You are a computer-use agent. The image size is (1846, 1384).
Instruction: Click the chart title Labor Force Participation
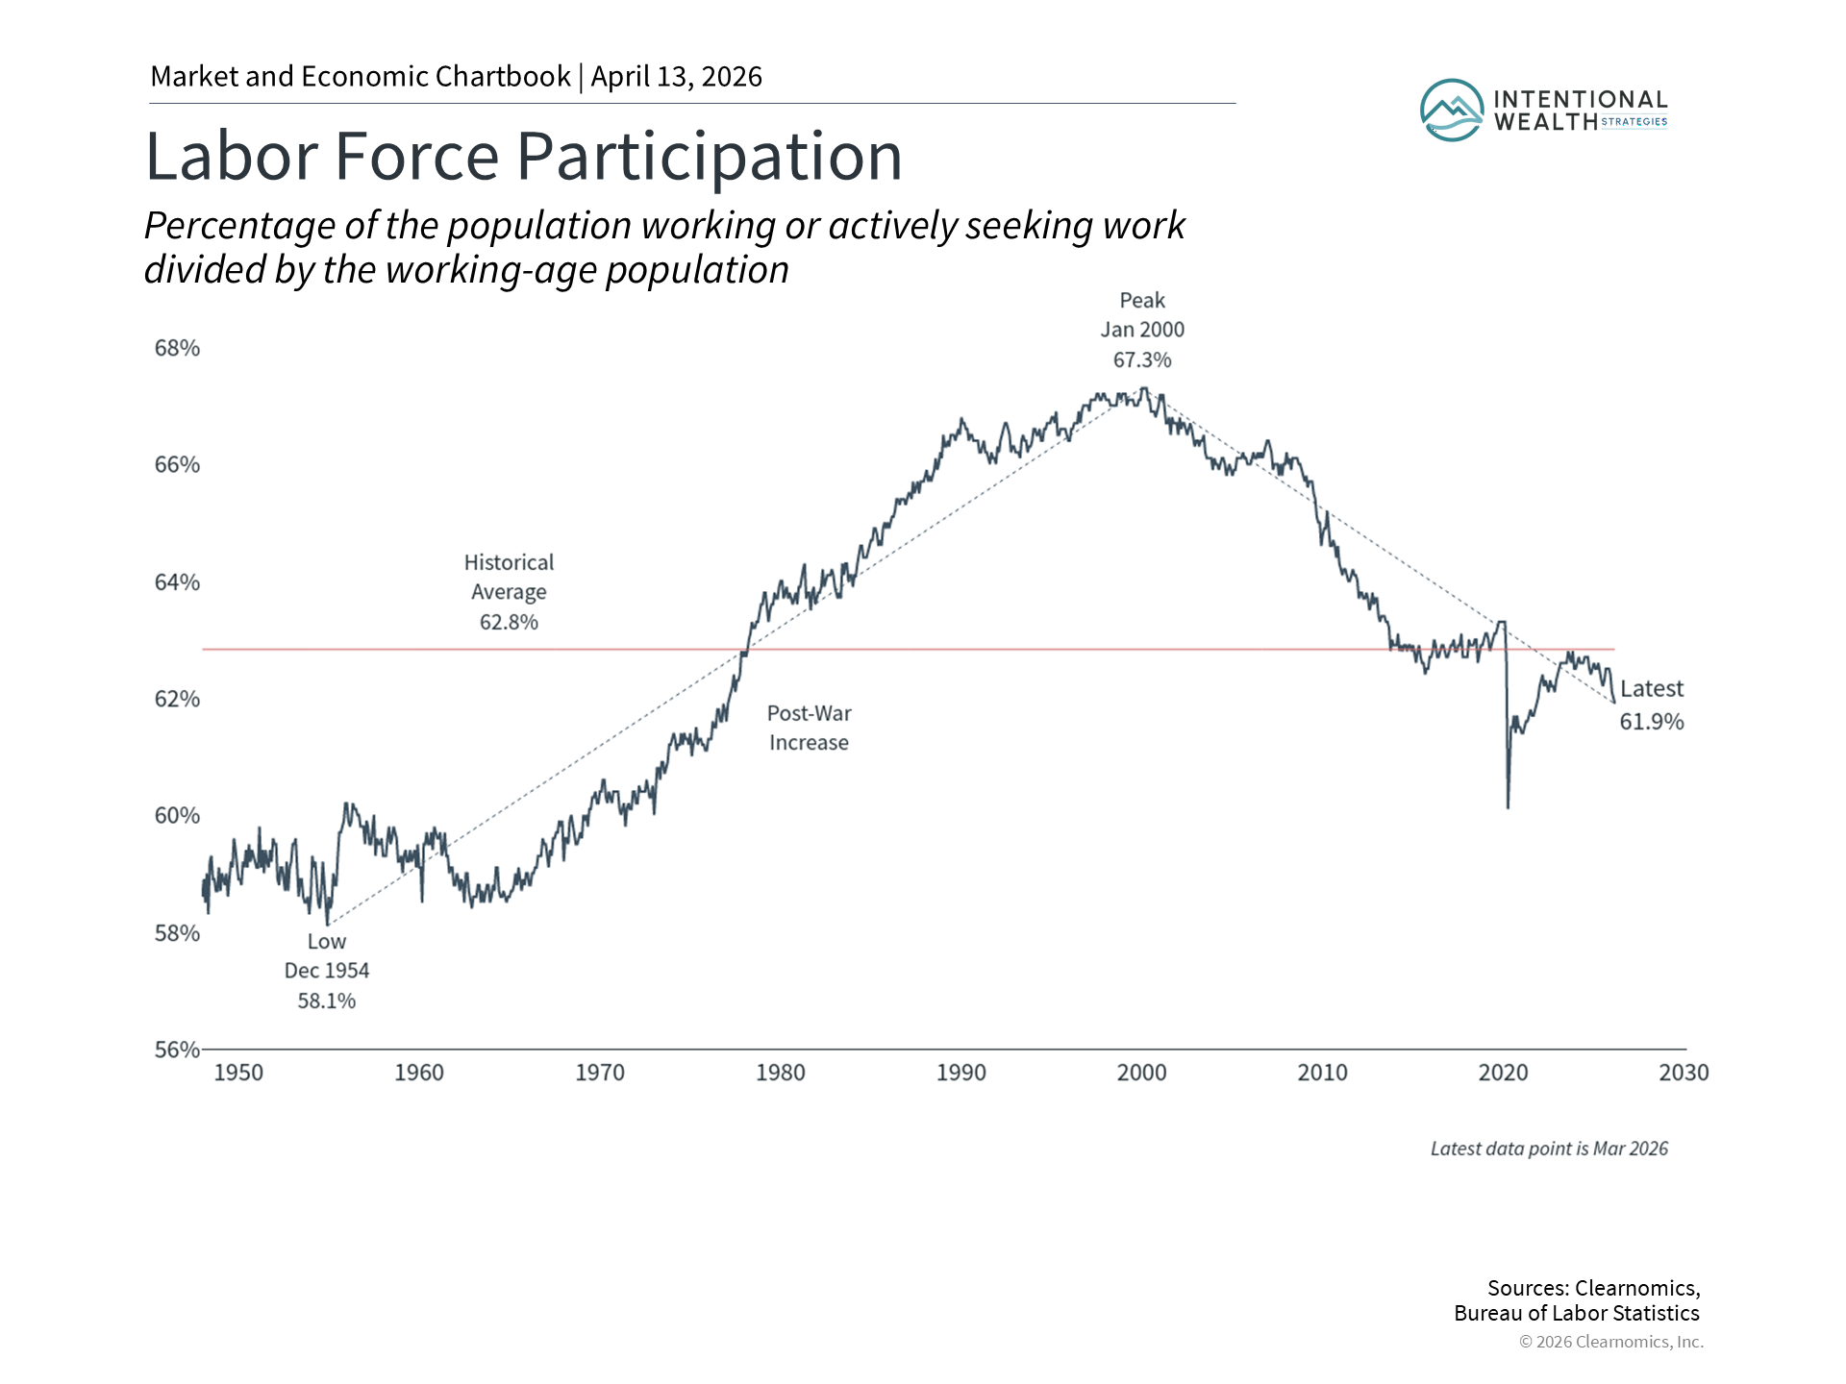(523, 157)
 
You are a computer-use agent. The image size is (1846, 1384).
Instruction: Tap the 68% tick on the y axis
(177, 348)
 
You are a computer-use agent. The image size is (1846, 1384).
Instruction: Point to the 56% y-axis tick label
(177, 1050)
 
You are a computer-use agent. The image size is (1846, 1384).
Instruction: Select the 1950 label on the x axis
(237, 1073)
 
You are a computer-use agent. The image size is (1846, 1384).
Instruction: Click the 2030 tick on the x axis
(1684, 1073)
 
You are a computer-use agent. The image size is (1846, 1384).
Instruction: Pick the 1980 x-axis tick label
(780, 1073)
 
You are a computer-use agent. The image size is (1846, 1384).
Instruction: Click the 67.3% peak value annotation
(1142, 360)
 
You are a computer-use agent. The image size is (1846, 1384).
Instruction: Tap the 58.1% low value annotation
(326, 1001)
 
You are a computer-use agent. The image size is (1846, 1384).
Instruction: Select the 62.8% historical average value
(509, 623)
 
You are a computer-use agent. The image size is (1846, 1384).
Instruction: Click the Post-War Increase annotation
(809, 728)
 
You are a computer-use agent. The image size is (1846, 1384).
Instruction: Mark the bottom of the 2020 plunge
(1508, 806)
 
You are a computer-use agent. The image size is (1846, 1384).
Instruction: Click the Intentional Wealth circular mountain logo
(1452, 111)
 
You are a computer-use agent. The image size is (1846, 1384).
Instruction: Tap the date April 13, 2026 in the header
(676, 77)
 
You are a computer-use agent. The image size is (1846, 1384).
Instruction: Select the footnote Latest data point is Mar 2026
(1549, 1149)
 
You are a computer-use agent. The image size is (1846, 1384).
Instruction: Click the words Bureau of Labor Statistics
(1576, 1314)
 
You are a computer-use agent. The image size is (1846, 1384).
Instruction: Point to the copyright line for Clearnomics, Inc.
(1610, 1342)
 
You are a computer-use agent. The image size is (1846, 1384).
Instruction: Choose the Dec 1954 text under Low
(326, 971)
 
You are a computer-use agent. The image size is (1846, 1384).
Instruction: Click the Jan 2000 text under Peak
(1142, 330)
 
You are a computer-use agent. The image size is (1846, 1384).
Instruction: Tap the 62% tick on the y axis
(177, 699)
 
